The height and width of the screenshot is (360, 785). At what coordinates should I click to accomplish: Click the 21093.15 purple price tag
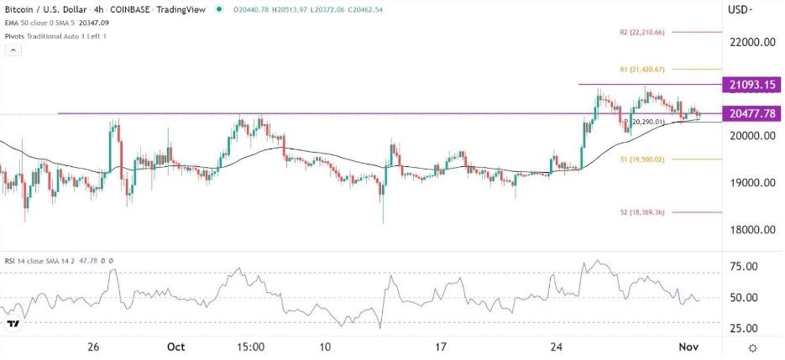point(752,85)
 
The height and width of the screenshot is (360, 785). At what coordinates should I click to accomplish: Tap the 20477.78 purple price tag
point(752,113)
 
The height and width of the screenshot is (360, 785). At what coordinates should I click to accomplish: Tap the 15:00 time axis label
point(250,347)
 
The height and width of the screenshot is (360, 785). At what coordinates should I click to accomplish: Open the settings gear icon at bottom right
point(753,347)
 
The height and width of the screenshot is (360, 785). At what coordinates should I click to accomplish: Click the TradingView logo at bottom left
point(13,324)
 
